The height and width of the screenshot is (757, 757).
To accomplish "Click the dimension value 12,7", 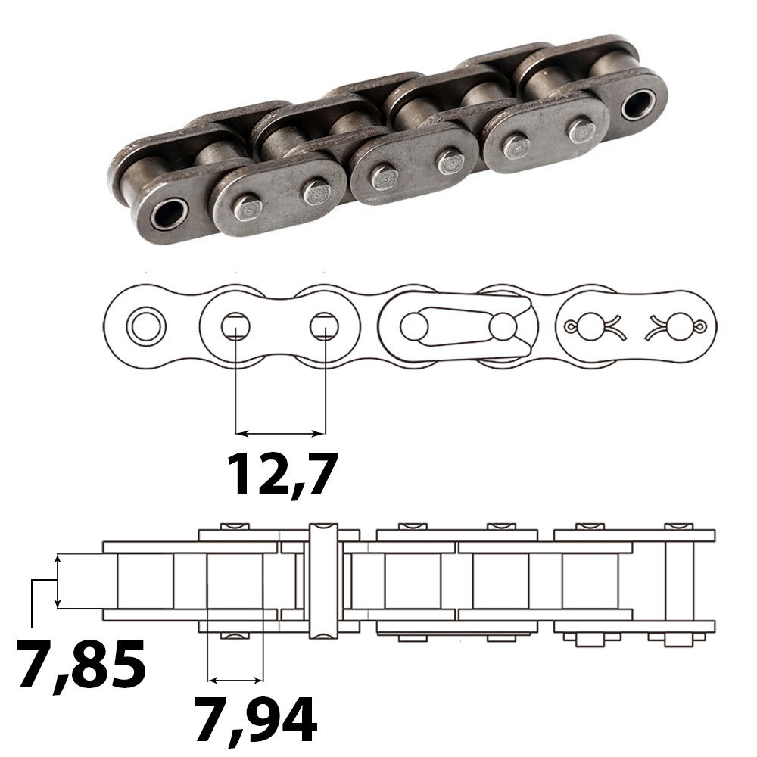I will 282,472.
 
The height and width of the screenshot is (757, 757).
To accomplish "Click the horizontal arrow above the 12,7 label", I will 280,434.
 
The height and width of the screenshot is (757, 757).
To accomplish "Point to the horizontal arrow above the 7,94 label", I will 235,677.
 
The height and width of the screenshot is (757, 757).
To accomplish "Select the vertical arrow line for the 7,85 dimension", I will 58,581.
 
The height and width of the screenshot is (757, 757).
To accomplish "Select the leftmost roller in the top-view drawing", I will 145,580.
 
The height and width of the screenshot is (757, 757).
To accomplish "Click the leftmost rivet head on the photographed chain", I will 247,207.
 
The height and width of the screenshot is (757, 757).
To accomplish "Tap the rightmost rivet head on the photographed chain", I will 581,130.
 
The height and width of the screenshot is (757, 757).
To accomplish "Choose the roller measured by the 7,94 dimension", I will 235,580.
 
